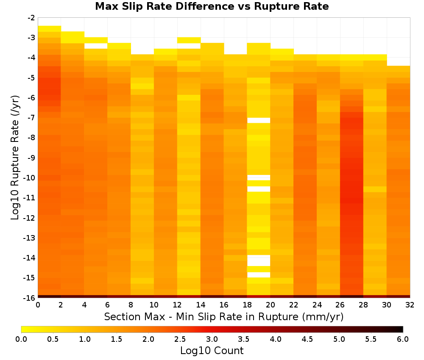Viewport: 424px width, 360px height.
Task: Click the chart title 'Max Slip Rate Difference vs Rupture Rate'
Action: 212,6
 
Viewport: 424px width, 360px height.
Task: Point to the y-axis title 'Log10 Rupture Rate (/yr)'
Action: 15,158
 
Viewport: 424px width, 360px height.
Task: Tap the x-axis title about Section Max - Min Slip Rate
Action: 223,317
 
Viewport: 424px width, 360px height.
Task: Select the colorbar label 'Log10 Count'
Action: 212,351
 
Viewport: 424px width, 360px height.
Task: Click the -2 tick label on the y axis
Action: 31,18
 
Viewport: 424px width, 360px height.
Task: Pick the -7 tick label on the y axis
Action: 31,118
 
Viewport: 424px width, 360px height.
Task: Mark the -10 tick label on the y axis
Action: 30,178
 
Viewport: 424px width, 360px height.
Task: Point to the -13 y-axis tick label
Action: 30,238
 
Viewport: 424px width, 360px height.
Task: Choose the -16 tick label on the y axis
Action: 30,298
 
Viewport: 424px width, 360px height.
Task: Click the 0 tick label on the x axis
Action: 38,305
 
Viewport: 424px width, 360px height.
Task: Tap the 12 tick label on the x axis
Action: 177,305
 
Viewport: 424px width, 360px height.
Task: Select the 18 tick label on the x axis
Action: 247,305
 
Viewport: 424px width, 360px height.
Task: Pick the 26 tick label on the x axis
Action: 340,305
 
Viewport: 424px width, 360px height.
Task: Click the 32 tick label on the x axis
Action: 410,305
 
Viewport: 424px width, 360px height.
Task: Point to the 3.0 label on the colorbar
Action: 212,339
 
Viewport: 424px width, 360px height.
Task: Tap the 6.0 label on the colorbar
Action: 403,339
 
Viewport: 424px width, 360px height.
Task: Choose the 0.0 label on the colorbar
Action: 21,339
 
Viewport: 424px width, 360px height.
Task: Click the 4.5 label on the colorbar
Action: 307,339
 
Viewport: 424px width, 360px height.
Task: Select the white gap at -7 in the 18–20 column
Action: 259,120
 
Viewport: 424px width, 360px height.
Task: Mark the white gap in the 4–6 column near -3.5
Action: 96,46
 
